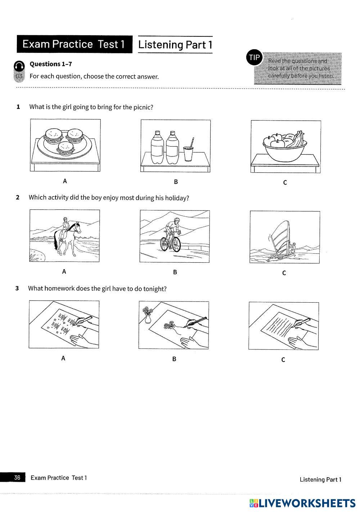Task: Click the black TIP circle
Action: (254, 58)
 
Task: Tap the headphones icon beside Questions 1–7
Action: (19, 66)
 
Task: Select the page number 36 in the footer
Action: (17, 477)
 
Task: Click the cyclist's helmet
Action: (176, 219)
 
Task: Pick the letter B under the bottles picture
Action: (176, 182)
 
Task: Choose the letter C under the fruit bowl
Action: (285, 182)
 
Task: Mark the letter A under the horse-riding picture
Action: (64, 272)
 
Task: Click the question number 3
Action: (17, 288)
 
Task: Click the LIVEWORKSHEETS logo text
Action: (306, 503)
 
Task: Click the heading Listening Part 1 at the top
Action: (175, 45)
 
